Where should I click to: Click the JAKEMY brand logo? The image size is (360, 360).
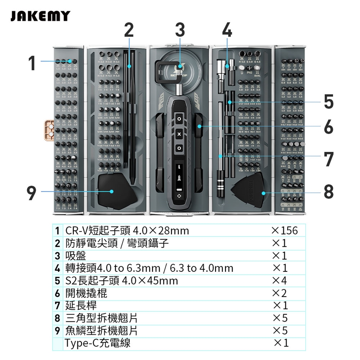click(40, 16)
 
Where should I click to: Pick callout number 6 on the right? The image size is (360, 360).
click(328, 127)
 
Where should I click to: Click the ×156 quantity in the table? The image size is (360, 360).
click(284, 231)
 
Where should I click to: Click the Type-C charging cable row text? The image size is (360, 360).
click(97, 343)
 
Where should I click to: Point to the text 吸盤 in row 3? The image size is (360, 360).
click(76, 256)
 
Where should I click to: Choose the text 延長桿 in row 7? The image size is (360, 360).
click(81, 306)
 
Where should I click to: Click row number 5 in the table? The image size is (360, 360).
click(57, 281)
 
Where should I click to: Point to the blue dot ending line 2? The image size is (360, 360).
click(129, 66)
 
